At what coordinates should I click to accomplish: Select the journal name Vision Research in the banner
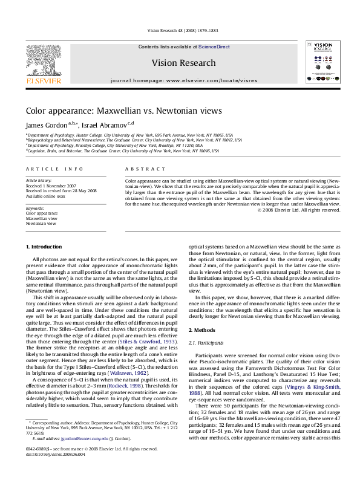point(183,63)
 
